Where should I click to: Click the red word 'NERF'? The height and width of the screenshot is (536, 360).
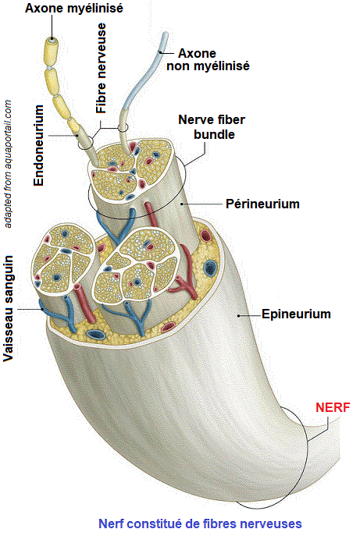[x=333, y=407]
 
